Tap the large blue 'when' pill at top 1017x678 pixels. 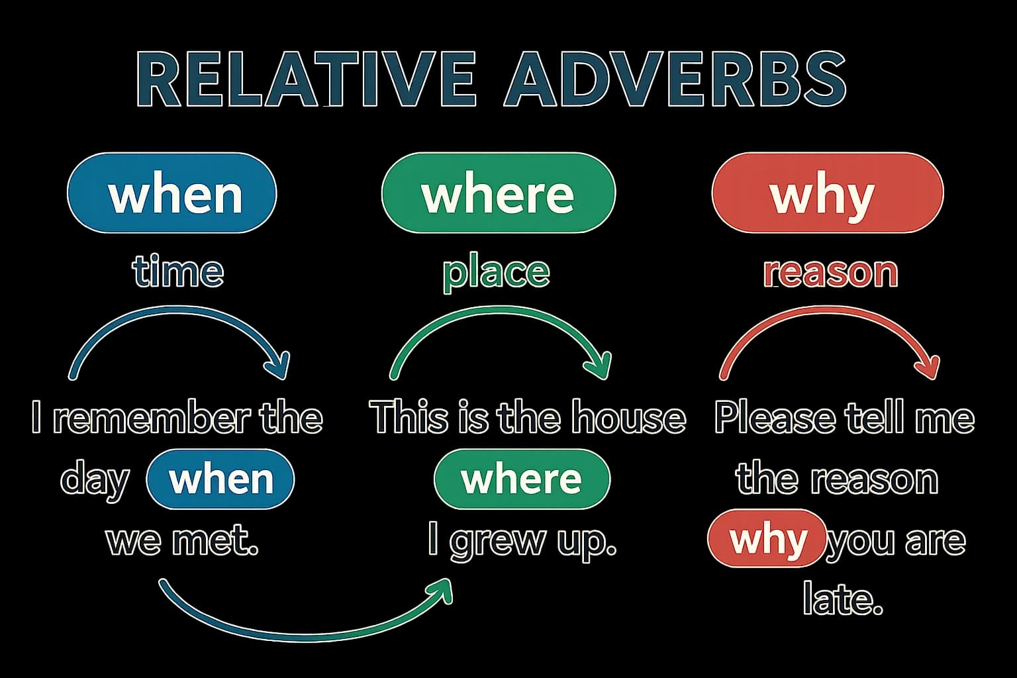(172, 193)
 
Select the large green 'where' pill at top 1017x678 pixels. (498, 193)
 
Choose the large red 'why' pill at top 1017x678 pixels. (826, 193)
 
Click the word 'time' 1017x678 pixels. (177, 272)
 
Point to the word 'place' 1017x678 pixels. (496, 272)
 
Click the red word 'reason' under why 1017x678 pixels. (830, 272)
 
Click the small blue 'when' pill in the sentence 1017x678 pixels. (220, 479)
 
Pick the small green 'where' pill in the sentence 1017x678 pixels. (521, 479)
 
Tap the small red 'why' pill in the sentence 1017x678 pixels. (767, 539)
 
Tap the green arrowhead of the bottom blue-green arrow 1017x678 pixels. (443, 589)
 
